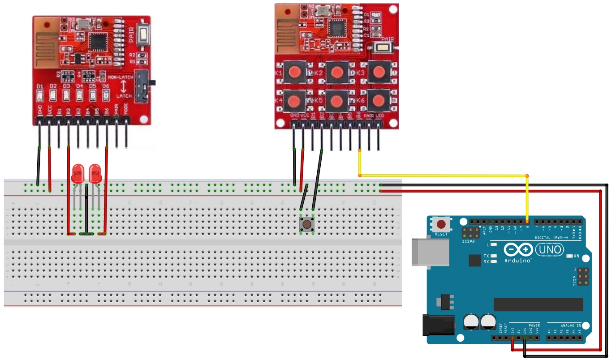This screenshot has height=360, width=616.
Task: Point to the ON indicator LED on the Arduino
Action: tap(569, 256)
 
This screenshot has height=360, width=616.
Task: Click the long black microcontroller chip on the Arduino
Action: tap(538, 304)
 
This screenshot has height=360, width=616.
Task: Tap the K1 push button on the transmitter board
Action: tap(295, 72)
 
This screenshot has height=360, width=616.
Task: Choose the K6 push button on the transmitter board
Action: tap(379, 100)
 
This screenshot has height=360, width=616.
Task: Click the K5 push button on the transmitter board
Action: tap(337, 100)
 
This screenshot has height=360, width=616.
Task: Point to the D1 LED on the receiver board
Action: tap(40, 95)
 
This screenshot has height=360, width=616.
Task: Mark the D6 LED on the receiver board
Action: tap(106, 95)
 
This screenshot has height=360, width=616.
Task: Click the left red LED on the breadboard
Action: tap(78, 173)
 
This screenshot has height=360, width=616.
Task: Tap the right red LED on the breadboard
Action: tap(95, 173)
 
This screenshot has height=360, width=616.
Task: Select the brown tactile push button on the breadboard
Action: tap(307, 224)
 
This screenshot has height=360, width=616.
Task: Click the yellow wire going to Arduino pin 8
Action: tap(444, 175)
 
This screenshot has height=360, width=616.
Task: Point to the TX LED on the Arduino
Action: tap(494, 256)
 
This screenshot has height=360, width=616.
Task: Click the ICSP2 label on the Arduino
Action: tap(468, 242)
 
